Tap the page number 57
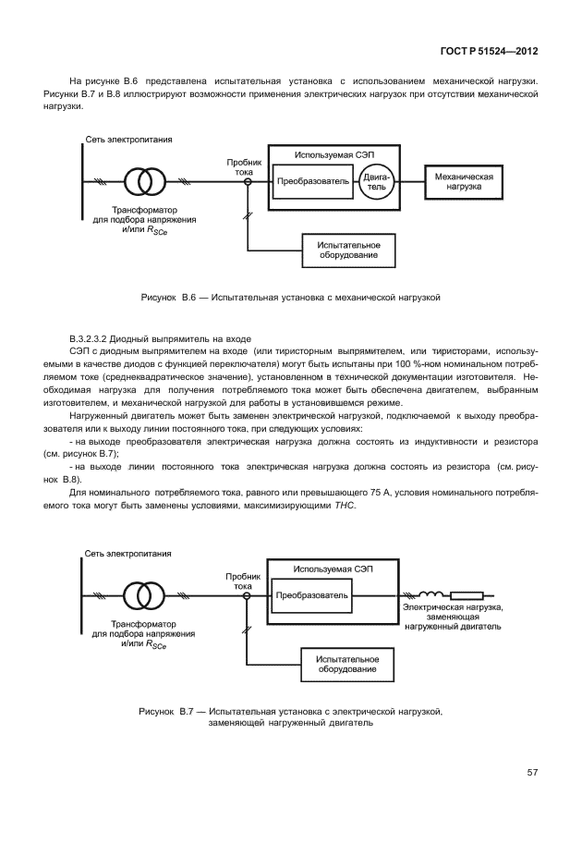[532, 772]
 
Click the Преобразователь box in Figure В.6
[313, 182]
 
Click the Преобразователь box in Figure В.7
[313, 595]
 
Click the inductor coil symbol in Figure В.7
[431, 595]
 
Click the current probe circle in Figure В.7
[247, 596]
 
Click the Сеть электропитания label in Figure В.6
[128, 139]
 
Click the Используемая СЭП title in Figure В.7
[331, 569]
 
